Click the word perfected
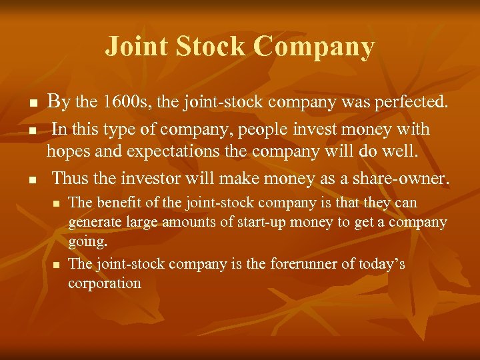tap(408, 103)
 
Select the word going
tap(87, 240)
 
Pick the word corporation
tap(105, 283)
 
